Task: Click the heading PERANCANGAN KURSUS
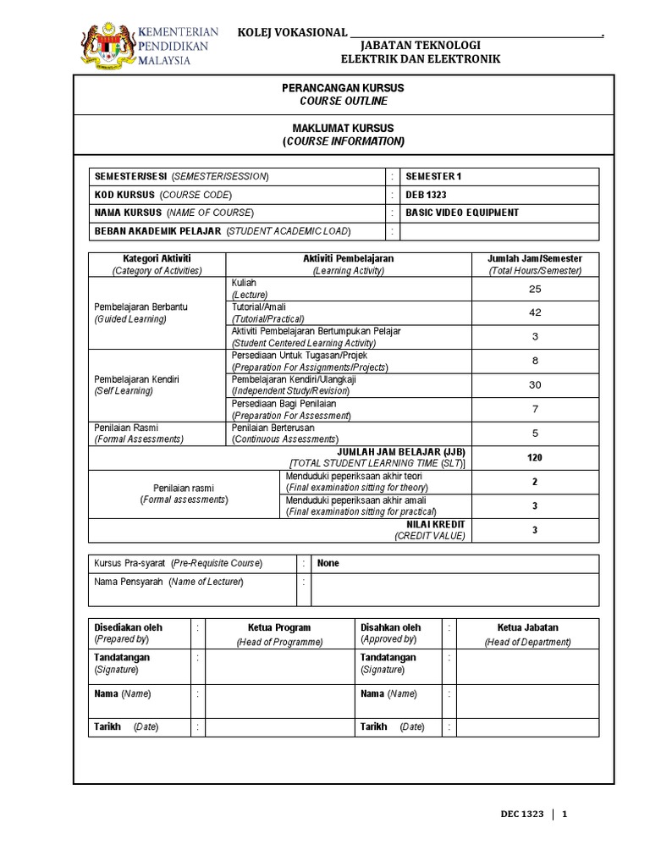point(343,88)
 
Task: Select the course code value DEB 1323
point(426,194)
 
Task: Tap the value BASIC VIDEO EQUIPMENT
point(462,213)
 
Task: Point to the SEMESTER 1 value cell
point(434,176)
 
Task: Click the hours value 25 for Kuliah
point(534,289)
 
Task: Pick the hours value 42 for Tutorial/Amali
point(534,312)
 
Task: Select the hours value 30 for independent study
point(534,384)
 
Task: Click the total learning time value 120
point(534,457)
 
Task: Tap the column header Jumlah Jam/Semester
point(534,258)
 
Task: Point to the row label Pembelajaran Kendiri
point(136,379)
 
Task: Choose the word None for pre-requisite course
point(328,563)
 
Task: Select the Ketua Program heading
point(279,627)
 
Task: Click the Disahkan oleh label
point(390,627)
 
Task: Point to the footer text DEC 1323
point(516,815)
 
